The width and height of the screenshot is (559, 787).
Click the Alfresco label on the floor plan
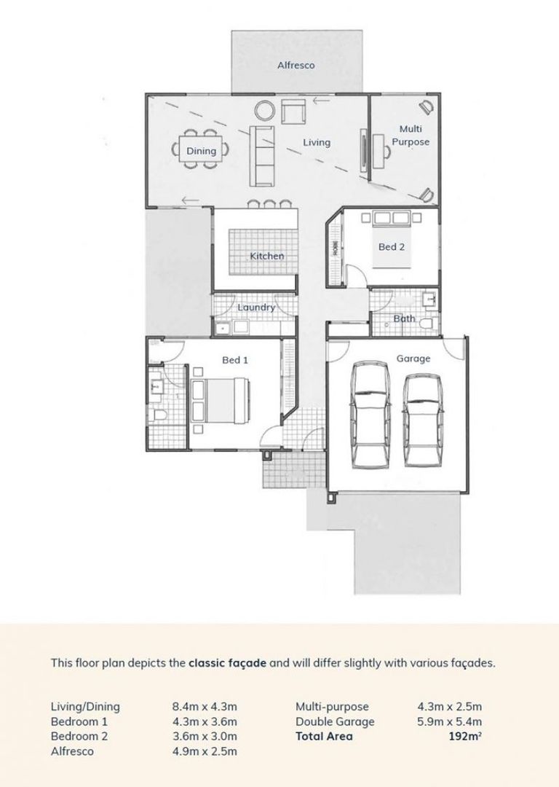[x=296, y=66]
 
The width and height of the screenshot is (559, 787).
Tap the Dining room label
[x=201, y=151]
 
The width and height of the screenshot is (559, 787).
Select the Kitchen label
[x=266, y=256]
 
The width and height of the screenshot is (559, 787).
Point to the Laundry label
[x=256, y=308]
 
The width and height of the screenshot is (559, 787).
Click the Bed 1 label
[x=235, y=360]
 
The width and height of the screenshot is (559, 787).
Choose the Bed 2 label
[x=391, y=247]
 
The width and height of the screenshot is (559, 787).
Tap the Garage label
[x=413, y=359]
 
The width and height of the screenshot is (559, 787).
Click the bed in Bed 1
[x=220, y=402]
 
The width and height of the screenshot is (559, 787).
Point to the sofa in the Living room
[x=263, y=154]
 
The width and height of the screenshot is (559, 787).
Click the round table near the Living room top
[x=264, y=111]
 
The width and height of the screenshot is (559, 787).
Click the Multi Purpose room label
[x=411, y=136]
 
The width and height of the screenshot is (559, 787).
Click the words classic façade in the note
[x=221, y=663]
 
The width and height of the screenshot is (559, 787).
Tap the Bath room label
[x=404, y=318]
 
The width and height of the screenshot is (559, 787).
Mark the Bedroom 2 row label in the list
[x=79, y=736]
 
